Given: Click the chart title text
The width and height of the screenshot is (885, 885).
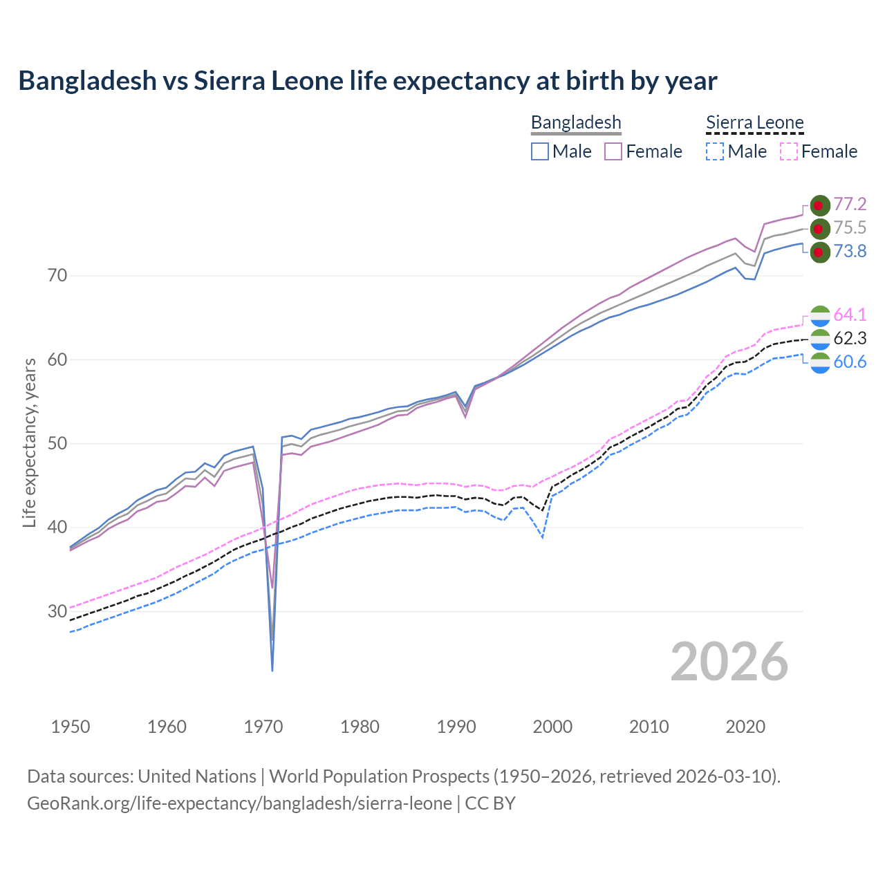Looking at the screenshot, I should click(367, 81).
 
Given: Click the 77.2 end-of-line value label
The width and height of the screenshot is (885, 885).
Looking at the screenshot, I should click(850, 204).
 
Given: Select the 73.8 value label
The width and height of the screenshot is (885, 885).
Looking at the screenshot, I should click(850, 251).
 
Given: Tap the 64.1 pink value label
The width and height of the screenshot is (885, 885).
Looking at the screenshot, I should click(850, 315).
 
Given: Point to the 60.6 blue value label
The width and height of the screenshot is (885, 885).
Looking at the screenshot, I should click(850, 362).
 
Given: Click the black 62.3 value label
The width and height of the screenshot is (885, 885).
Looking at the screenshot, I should click(850, 338).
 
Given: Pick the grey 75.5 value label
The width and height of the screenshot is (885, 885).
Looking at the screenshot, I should click(850, 227).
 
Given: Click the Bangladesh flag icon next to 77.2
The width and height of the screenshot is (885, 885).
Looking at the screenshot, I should click(819, 205).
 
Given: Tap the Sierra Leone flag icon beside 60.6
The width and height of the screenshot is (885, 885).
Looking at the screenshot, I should click(819, 362).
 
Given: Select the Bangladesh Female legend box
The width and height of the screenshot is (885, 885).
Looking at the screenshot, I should click(613, 151).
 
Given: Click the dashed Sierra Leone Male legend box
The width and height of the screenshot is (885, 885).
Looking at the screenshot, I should click(715, 151).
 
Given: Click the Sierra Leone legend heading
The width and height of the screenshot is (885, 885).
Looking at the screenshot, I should click(754, 123).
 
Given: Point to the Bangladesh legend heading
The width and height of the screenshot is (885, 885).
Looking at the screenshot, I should click(576, 123).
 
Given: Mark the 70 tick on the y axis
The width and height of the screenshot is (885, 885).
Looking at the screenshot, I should click(57, 275).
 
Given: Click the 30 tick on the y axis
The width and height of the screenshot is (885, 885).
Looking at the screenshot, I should click(57, 611).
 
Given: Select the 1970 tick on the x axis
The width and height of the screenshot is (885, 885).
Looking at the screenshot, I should click(263, 727).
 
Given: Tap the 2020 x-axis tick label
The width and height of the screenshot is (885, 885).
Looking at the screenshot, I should click(745, 727).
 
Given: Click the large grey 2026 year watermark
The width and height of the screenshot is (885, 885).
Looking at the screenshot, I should click(729, 662).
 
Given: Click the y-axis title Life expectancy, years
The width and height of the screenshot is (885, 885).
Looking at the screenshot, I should click(30, 442).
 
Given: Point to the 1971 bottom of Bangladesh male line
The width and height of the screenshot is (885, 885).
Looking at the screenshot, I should click(272, 669).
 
